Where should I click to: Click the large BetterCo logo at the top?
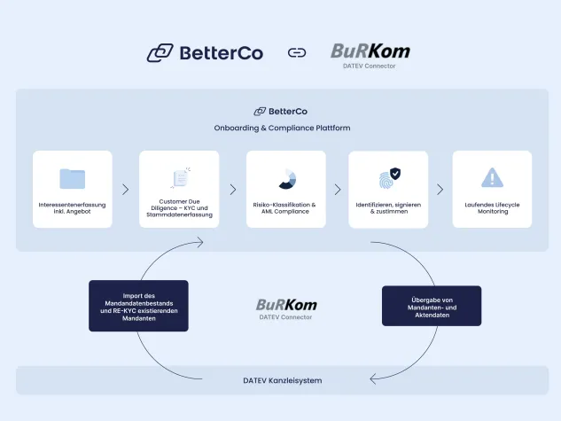(x=205, y=53)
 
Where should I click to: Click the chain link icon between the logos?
(x=297, y=53)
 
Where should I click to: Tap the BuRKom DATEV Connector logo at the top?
(x=370, y=54)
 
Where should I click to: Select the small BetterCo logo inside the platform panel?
(x=280, y=112)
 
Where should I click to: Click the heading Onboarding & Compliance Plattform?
(x=282, y=128)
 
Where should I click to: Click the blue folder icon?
(x=72, y=178)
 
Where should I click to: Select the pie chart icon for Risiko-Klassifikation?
(x=286, y=178)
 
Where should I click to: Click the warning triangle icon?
(x=492, y=178)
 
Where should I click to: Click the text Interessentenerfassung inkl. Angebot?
(x=73, y=208)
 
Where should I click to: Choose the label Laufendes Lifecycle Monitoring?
(x=492, y=208)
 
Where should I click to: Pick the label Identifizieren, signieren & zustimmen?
(x=388, y=208)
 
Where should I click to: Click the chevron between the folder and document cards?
(x=126, y=190)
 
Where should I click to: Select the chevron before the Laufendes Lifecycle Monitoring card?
(x=440, y=190)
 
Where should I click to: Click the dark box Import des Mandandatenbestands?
(x=138, y=306)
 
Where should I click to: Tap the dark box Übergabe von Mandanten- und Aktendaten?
(x=431, y=306)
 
